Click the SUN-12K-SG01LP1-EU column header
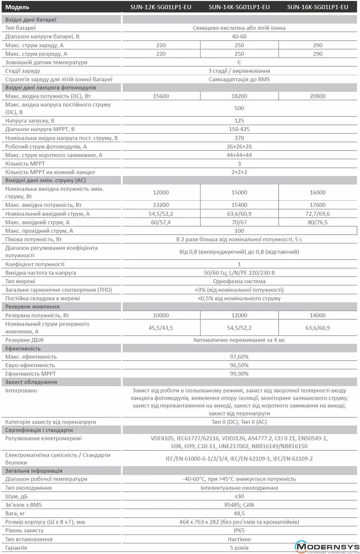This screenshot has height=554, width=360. point(161,7)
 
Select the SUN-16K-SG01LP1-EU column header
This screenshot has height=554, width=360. point(317,7)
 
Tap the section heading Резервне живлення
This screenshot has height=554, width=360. point(32,307)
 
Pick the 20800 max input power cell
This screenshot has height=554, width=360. point(317,96)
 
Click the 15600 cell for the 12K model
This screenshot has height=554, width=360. point(161,96)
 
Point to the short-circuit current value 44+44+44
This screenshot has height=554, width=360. point(239,155)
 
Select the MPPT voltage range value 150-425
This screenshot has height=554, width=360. point(239,129)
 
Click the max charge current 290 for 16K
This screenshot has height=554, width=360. point(317,45)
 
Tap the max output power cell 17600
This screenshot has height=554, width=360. point(317,205)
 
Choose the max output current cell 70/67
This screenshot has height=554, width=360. point(239,222)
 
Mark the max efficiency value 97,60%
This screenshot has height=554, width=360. point(239,357)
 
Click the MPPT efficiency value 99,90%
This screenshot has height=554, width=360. point(239,374)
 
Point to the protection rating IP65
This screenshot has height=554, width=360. point(239,530)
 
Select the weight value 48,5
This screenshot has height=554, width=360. point(239,513)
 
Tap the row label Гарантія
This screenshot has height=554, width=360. point(16,548)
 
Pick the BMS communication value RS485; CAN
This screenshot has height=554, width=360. point(239,505)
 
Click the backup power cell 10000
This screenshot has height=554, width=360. point(161,315)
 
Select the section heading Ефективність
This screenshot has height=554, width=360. point(23,348)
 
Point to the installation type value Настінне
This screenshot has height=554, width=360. point(239,539)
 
